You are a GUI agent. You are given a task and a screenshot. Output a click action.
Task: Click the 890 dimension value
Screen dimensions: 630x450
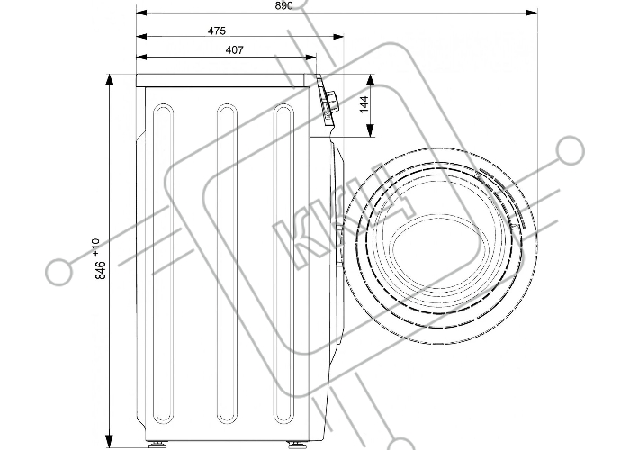[284, 5]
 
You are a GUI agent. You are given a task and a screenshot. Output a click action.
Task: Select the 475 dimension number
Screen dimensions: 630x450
[217, 31]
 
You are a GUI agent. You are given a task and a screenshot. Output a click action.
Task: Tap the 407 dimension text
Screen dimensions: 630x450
[235, 49]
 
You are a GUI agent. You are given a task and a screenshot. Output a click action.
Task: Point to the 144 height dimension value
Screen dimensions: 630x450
[364, 104]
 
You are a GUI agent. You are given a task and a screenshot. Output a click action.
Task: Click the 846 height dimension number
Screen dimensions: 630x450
[101, 270]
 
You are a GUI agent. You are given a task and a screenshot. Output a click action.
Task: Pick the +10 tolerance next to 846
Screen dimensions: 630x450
[95, 247]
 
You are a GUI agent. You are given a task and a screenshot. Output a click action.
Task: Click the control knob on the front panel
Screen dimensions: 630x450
[332, 101]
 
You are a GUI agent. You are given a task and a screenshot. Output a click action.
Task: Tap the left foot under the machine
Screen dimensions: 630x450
[157, 445]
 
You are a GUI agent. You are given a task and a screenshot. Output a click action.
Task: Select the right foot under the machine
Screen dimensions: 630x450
[295, 445]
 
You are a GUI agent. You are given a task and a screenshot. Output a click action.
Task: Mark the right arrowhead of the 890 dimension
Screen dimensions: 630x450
[532, 13]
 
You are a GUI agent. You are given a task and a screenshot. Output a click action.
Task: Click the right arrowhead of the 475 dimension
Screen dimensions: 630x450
[338, 37]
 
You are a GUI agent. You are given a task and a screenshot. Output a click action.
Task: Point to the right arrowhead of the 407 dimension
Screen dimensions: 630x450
[311, 58]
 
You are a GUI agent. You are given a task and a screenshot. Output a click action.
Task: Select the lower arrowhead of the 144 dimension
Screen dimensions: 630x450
[371, 130]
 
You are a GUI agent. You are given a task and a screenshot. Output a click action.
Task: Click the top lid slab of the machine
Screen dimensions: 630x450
[223, 80]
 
